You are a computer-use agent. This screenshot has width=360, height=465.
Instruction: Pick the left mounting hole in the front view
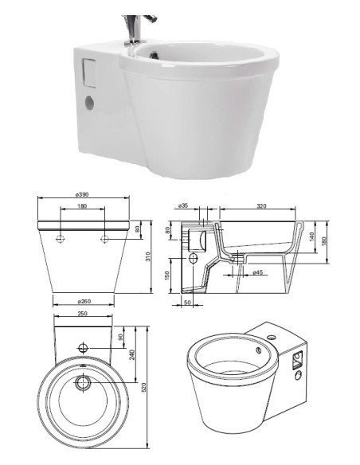pyautogui.click(x=61, y=238)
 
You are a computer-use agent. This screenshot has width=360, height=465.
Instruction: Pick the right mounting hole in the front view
pyautogui.click(x=104, y=238)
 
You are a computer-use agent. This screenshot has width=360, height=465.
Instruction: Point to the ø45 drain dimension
pyautogui.click(x=257, y=273)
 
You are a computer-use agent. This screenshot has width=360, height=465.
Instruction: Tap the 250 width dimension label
pyautogui.click(x=83, y=314)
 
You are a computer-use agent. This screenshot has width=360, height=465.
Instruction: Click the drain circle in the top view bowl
pyautogui.click(x=83, y=383)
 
